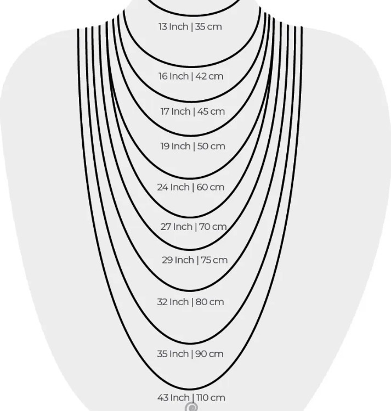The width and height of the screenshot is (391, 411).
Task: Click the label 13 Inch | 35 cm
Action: click(x=190, y=26)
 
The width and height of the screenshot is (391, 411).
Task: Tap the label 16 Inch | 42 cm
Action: click(x=191, y=76)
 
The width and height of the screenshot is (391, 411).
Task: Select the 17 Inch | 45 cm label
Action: click(x=192, y=111)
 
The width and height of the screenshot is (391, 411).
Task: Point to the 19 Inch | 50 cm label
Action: click(x=192, y=146)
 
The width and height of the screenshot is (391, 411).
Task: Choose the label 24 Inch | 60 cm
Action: click(x=191, y=187)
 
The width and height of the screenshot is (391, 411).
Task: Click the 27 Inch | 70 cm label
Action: click(x=194, y=227)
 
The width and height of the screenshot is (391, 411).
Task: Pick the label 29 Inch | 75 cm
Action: click(x=195, y=260)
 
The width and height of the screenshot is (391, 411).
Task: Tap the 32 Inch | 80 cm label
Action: click(x=191, y=302)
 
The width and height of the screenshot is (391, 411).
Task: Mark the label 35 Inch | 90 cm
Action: click(x=190, y=354)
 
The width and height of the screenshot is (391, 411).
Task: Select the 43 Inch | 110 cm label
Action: click(x=191, y=398)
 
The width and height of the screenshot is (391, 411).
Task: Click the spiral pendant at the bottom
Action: click(x=191, y=407)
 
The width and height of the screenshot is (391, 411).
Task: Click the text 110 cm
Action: click(x=210, y=398)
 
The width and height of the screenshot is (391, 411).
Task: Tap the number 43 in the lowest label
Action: click(x=163, y=398)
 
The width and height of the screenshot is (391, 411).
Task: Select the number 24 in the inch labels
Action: click(x=162, y=187)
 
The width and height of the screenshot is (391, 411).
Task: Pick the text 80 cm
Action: click(x=209, y=302)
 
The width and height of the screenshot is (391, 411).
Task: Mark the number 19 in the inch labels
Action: click(x=165, y=146)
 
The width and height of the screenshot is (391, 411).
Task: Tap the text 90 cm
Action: click(x=209, y=354)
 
